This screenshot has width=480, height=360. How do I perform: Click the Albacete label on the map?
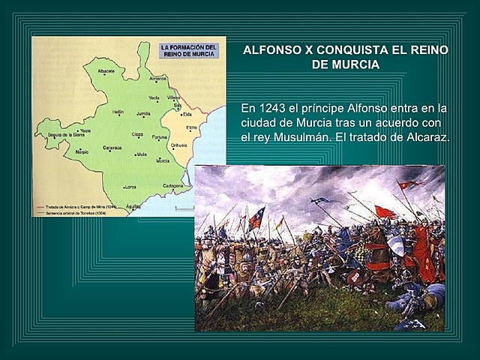106,71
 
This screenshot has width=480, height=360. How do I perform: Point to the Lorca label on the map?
130,186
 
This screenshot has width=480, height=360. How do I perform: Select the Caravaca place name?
112,148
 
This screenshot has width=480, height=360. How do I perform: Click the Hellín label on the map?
118,112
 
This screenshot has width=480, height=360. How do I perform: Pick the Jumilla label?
143,113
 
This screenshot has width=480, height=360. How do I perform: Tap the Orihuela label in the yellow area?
178,145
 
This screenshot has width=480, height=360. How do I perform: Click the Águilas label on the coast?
133,205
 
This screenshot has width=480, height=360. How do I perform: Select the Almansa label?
157,78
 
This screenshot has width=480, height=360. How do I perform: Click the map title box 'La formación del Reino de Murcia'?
189,50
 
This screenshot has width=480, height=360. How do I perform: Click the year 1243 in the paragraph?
268,107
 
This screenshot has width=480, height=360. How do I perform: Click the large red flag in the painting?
385,212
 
